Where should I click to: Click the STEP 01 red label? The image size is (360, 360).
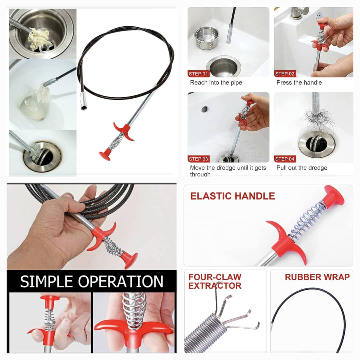click(198, 74)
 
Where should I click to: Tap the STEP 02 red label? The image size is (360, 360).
click(285, 74)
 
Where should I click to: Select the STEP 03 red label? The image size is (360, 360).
click(198, 159)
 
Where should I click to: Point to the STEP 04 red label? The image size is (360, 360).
click(285, 159)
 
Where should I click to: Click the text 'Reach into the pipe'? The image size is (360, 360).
click(216, 83)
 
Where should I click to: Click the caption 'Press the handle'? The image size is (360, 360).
click(299, 83)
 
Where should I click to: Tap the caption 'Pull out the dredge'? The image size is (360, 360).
click(302, 168)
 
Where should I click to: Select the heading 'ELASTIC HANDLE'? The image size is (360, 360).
click(233, 196)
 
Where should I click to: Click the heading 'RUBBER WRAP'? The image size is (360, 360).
click(317, 277)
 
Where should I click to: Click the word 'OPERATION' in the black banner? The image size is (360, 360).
click(121, 281)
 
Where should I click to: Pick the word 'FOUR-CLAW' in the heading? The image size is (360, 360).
click(215, 277)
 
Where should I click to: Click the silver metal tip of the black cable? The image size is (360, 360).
click(84, 101)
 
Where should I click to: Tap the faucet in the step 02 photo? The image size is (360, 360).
click(298, 13)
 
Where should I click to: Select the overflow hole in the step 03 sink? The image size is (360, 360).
click(204, 109)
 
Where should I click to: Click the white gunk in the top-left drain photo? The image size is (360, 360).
click(39, 39)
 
